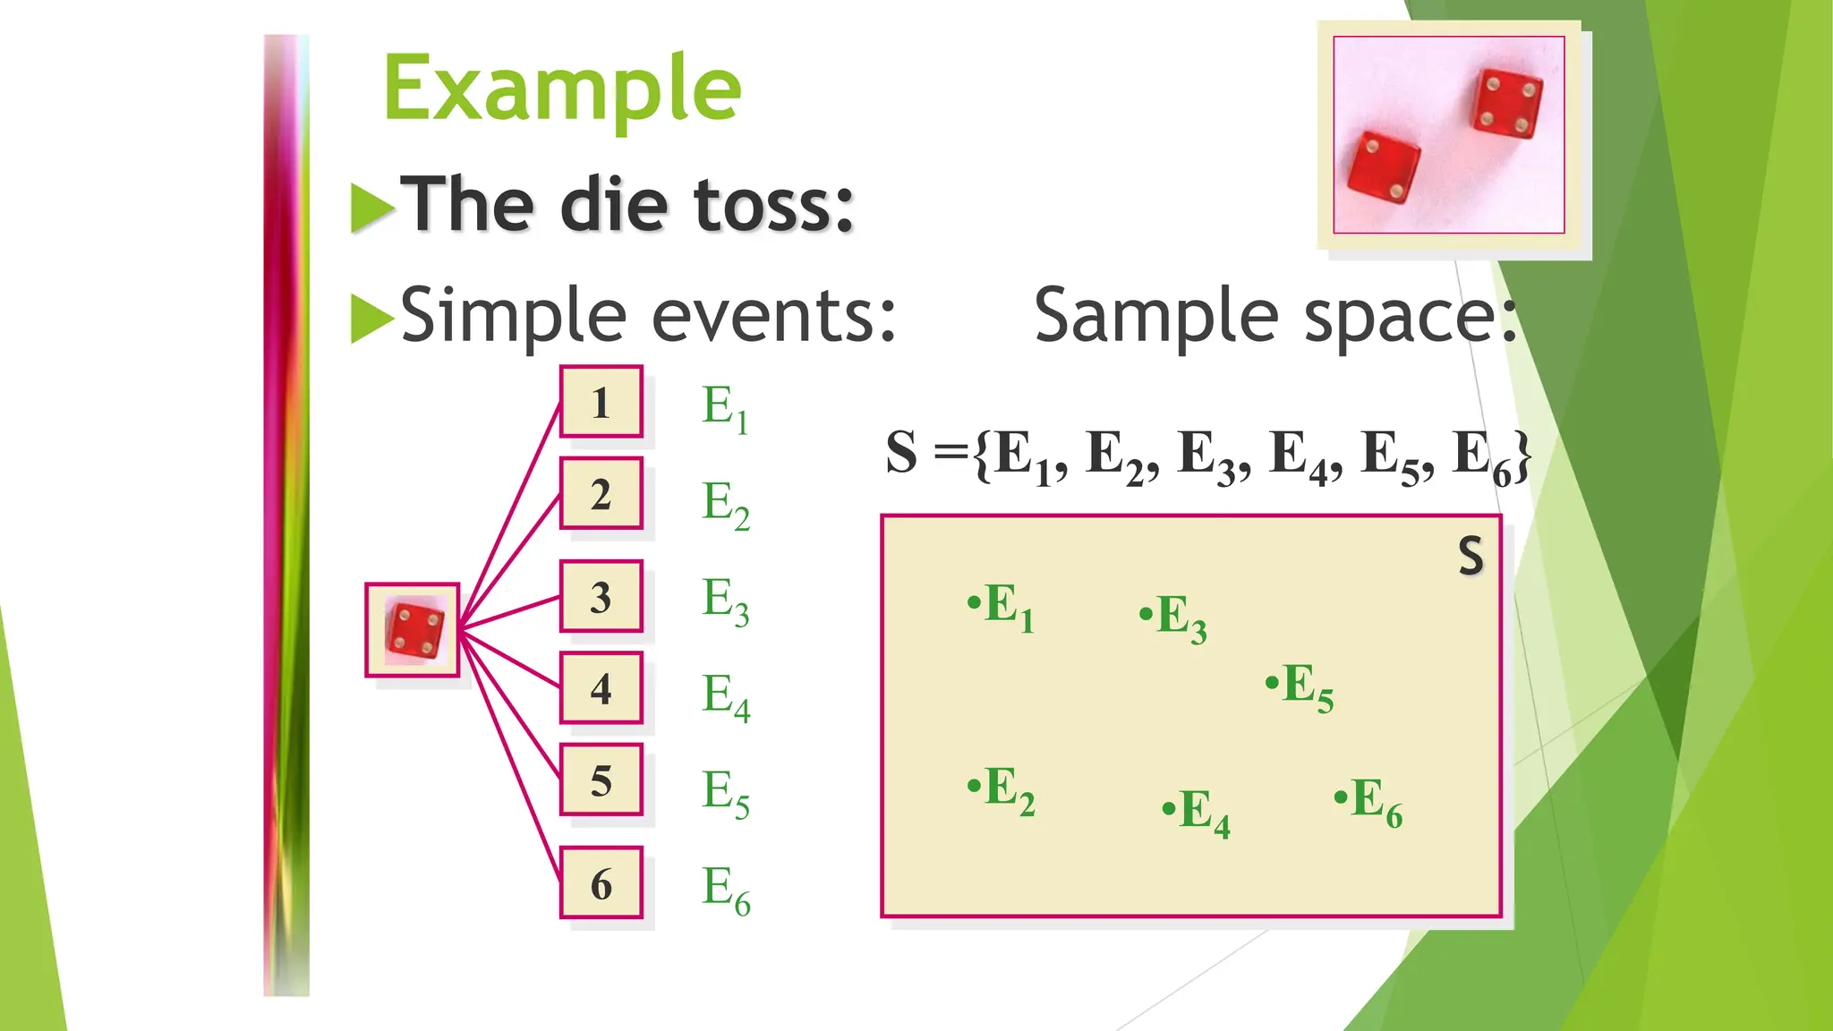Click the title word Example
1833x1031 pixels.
click(562, 89)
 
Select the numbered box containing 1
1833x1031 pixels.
click(601, 402)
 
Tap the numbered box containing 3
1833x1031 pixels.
click(601, 597)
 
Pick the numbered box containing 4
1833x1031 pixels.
click(601, 688)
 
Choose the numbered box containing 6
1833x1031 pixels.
click(601, 883)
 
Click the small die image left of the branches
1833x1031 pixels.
click(413, 630)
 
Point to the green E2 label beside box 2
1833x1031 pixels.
click(725, 505)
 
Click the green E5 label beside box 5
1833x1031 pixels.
click(725, 793)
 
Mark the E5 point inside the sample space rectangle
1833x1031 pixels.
click(1300, 686)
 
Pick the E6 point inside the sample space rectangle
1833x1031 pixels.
click(1368, 801)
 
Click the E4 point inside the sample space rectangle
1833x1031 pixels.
click(1196, 812)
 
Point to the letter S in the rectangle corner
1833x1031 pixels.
click(1471, 556)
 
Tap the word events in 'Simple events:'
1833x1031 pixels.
click(774, 316)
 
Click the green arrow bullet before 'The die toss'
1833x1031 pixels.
click(372, 208)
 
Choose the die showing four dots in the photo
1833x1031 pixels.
click(1508, 104)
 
